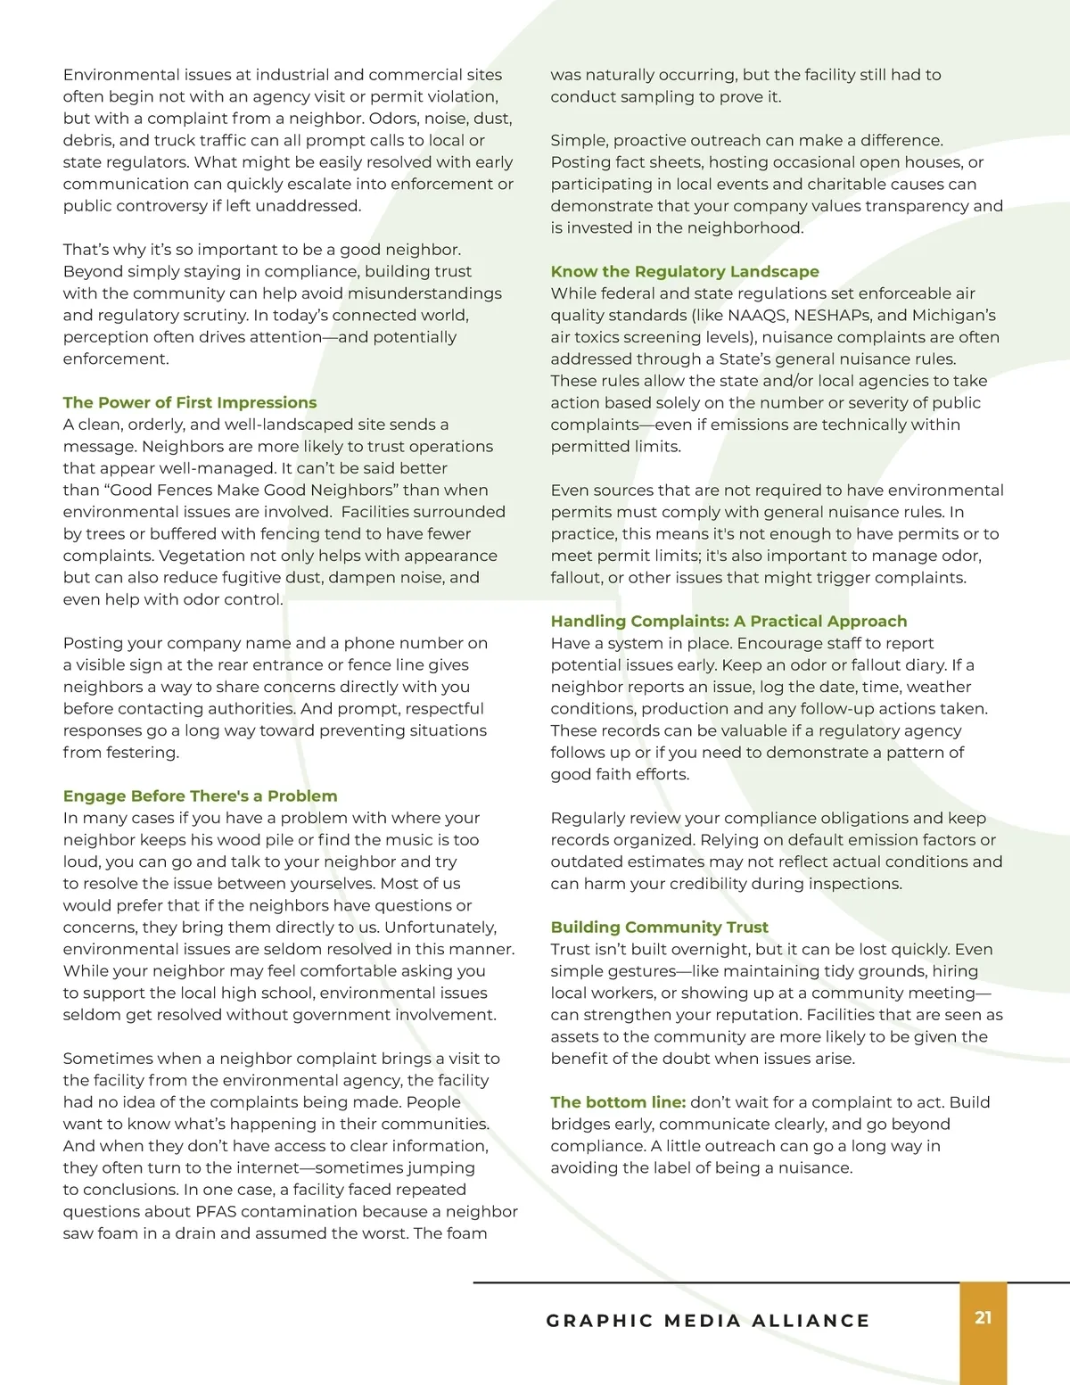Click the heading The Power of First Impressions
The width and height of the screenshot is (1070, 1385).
[x=189, y=402]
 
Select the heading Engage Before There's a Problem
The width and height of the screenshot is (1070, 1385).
[x=200, y=796]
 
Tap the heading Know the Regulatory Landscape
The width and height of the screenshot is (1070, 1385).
[x=684, y=271]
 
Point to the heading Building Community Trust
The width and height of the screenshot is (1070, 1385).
[x=659, y=927]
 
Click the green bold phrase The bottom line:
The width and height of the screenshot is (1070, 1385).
[x=618, y=1101]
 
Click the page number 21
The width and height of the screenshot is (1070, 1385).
[x=983, y=1317]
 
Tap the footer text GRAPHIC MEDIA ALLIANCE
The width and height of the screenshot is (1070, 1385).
[x=708, y=1320]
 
